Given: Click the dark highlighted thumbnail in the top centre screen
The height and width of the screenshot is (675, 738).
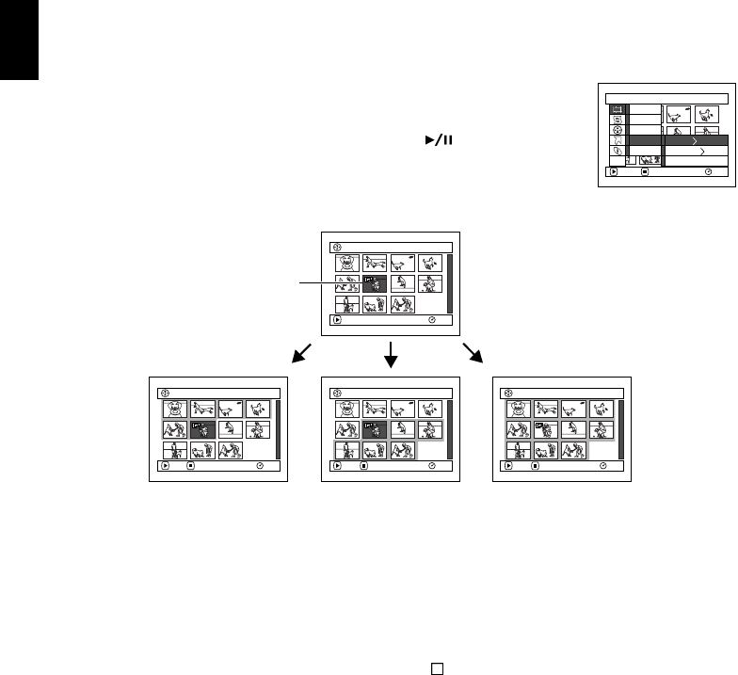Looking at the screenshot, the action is [376, 281].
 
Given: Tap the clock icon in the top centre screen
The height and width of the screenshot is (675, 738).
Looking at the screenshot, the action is [431, 320].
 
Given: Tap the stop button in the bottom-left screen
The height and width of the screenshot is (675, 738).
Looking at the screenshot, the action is [190, 466].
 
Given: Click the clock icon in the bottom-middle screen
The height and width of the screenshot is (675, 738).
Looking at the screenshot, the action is [431, 466].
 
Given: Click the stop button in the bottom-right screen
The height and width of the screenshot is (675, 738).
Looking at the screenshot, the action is [535, 466].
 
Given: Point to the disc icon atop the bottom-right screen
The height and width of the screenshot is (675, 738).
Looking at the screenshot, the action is [509, 392].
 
